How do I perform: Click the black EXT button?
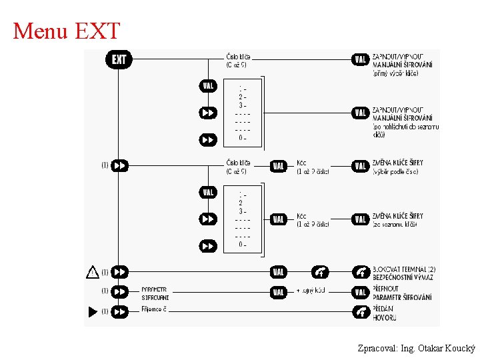coord(119,60)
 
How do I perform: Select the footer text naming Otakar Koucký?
coord(416,348)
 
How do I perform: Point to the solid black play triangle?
coord(93,311)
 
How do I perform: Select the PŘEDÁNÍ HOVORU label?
coord(384,313)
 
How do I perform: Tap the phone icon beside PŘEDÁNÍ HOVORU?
coord(361,311)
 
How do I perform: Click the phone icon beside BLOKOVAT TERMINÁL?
coord(361,272)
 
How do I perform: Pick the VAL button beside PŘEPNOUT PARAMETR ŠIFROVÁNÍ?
coord(279,292)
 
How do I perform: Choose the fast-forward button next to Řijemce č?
coord(120,311)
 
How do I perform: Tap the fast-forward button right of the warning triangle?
coord(120,272)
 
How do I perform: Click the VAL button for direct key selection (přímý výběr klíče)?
coord(361,60)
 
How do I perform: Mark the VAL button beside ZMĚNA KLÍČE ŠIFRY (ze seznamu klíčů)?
coord(361,219)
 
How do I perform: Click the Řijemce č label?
coord(154,311)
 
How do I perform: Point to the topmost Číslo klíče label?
coord(238,60)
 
